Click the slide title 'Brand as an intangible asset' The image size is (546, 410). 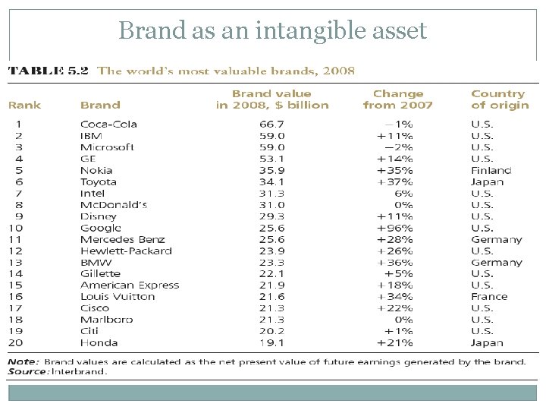coord(273,30)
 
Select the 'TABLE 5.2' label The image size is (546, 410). coord(48,71)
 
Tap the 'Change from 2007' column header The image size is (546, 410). coord(398,99)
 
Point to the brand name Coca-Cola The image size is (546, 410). coord(108,125)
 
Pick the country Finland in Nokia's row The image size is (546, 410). coord(491,170)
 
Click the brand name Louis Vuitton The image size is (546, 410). coord(117,296)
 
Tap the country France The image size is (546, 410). coord(488,296)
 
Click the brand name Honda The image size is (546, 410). coord(98,342)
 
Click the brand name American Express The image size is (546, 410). coord(130,285)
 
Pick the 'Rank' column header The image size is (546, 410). coord(24,105)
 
